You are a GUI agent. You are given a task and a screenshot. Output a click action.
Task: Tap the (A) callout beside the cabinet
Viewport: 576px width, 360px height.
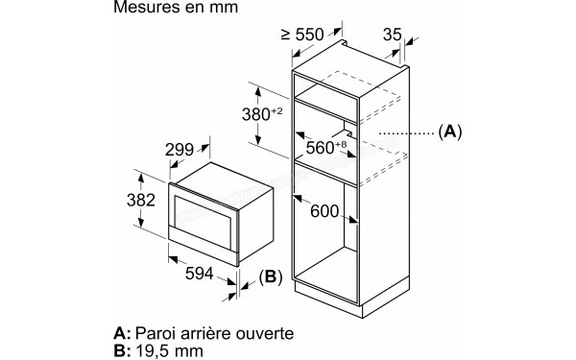point(449,132)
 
